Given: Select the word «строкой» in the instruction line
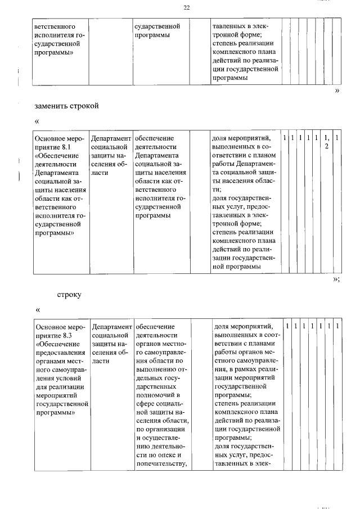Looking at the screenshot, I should coord(85,105).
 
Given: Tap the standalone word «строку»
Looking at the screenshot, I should coord(70,294).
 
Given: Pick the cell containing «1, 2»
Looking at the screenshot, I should coord(326,142).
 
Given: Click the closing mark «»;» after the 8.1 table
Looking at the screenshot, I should coord(336,279).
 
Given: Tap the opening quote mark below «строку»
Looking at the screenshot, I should coord(37,309).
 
